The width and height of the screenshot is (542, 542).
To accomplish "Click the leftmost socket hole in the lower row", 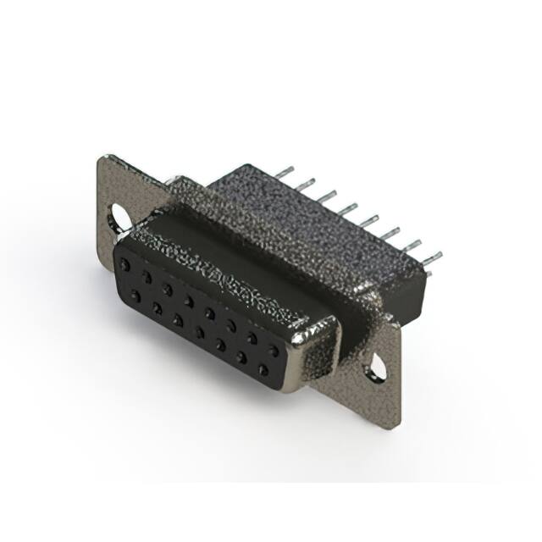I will (136, 296).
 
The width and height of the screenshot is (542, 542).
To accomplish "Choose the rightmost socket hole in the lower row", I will (262, 370).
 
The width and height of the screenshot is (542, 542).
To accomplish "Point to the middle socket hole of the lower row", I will (199, 332).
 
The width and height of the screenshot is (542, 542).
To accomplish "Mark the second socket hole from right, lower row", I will (241, 357).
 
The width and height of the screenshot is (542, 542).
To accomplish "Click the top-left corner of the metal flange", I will (102, 158).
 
